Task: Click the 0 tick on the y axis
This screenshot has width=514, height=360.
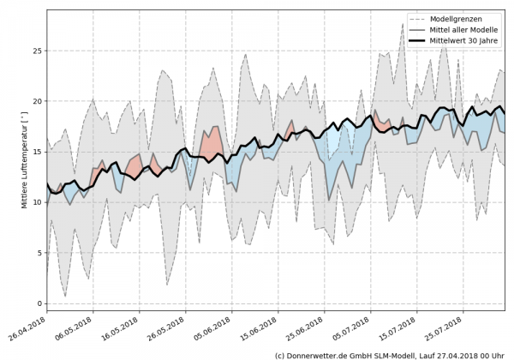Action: pyautogui.click(x=39, y=303)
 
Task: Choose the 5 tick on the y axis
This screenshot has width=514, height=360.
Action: pyautogui.click(x=39, y=253)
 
